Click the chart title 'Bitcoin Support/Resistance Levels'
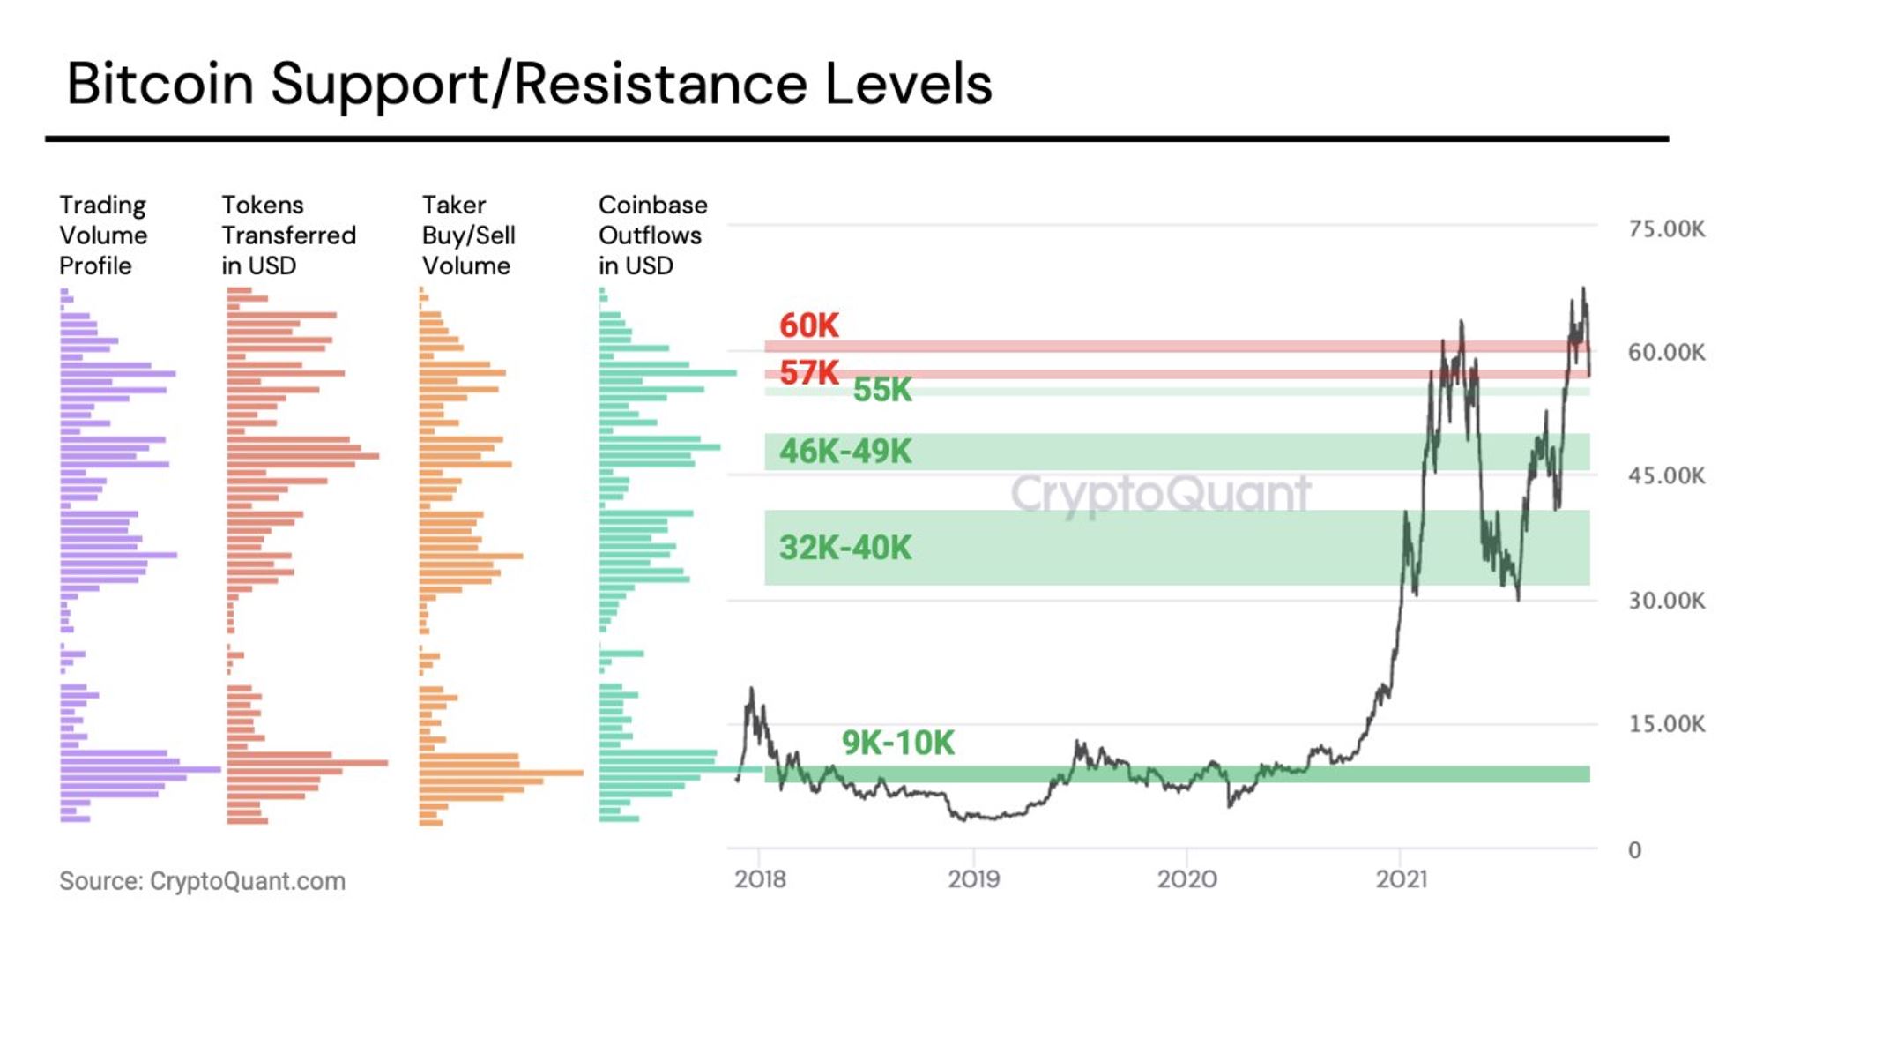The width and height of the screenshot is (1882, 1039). tap(529, 84)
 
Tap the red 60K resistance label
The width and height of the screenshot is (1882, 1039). tap(808, 325)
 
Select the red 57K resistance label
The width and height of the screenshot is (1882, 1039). tap(808, 373)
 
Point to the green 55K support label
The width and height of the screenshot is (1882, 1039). tap(882, 390)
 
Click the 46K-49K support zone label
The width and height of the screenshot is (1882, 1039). tap(844, 452)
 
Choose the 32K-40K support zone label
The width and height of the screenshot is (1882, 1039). tap(844, 548)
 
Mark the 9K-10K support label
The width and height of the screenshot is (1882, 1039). tap(897, 743)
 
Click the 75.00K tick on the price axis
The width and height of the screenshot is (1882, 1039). tap(1666, 229)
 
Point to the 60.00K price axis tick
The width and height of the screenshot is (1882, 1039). tap(1666, 353)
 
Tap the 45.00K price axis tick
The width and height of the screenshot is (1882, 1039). tap(1666, 476)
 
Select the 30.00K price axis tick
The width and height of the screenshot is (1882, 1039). tap(1666, 601)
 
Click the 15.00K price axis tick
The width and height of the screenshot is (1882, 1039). tap(1666, 724)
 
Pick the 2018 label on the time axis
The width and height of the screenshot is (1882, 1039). tap(760, 879)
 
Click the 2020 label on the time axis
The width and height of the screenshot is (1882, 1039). tap(1186, 879)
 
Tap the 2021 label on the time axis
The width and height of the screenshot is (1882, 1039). tap(1401, 879)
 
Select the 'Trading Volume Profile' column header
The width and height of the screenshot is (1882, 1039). tap(103, 235)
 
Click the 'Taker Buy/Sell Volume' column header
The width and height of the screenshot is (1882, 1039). tap(468, 235)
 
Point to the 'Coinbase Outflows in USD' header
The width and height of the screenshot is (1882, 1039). tap(652, 235)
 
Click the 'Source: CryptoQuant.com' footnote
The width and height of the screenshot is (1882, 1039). tap(202, 881)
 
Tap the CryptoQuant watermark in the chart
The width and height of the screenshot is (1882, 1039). tap(1160, 494)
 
